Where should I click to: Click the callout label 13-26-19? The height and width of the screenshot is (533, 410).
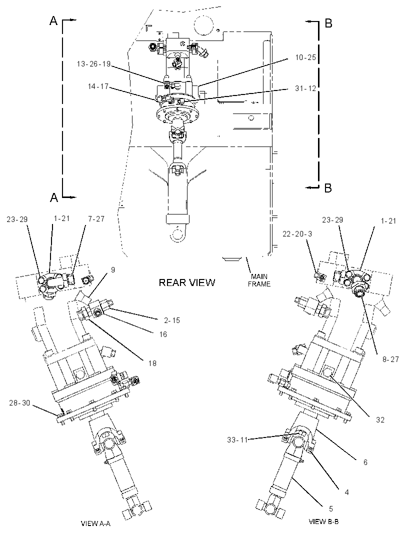point(94,64)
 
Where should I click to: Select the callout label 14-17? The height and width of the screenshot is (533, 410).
point(98,86)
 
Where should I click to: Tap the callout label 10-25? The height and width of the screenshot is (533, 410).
point(305,57)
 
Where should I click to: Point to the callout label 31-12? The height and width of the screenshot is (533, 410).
point(305,88)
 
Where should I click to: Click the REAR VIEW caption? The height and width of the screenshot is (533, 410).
point(187,282)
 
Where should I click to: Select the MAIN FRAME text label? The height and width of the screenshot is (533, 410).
point(259,280)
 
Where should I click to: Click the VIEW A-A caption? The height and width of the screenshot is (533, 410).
point(95,523)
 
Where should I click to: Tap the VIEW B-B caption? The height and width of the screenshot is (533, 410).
point(323,521)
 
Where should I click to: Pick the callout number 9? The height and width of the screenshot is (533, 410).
point(113,269)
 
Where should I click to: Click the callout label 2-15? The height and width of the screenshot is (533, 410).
point(172,320)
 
